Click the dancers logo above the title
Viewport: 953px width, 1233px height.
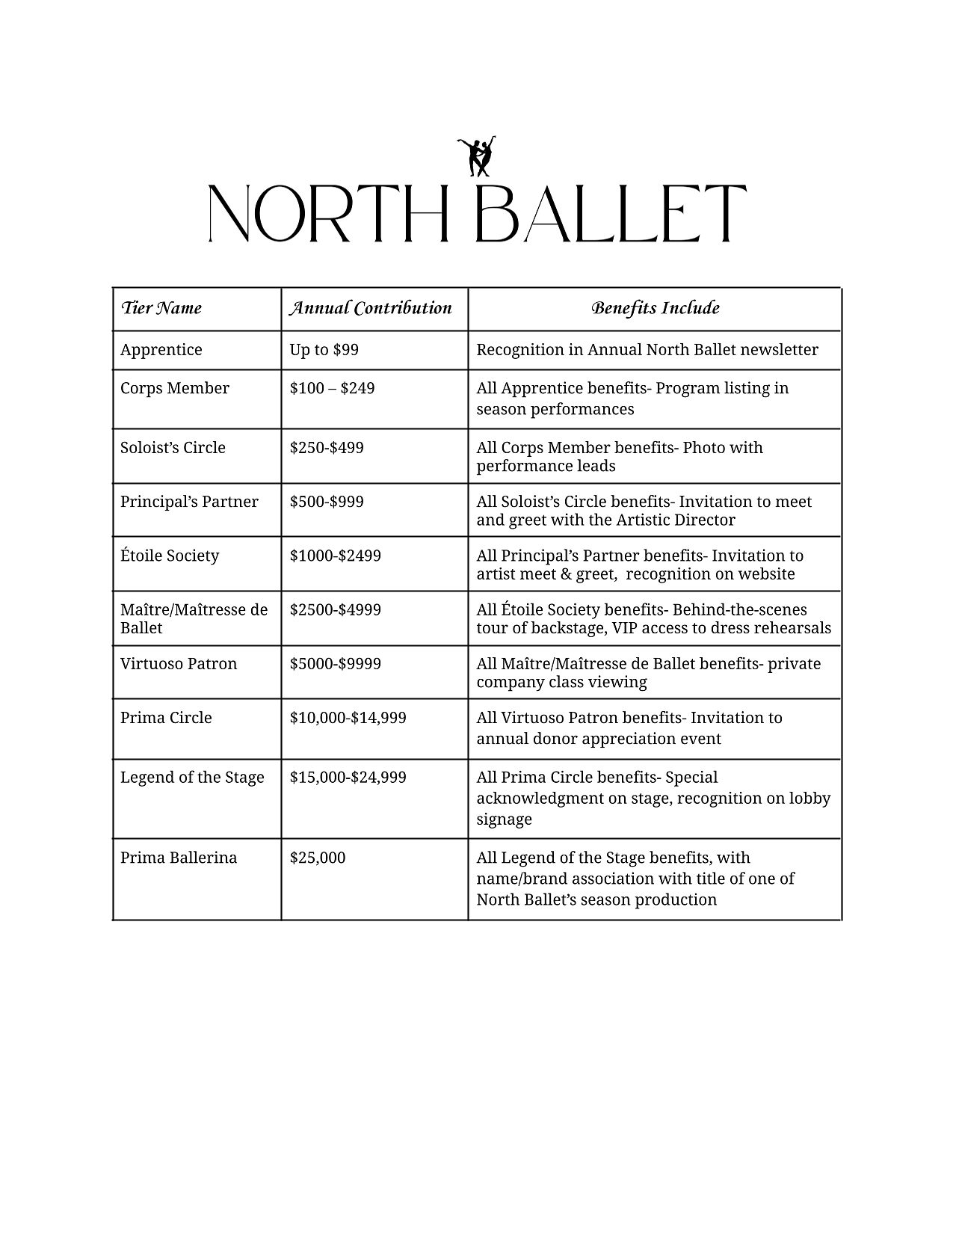coord(477,156)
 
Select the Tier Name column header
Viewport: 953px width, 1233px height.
coord(161,308)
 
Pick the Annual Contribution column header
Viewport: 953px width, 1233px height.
coord(371,308)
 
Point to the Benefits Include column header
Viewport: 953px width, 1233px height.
coord(655,308)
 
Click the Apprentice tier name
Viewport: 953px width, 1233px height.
coord(161,350)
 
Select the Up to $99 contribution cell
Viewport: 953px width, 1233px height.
coord(324,350)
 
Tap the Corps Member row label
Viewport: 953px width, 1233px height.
coord(175,388)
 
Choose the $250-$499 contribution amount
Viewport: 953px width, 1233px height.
coord(327,448)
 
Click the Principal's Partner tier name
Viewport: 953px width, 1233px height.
coord(189,502)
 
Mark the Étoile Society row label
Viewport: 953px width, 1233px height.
coord(170,556)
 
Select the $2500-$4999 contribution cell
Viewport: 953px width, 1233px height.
coord(336,609)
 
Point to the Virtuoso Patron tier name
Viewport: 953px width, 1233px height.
coord(179,664)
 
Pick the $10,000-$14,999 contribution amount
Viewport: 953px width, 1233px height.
coord(348,718)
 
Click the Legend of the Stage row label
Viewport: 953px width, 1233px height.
coord(192,778)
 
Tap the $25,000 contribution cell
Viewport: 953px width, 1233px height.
coord(318,858)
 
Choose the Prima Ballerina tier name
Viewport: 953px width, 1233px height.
coord(179,858)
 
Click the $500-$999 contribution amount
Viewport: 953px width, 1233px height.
coord(327,502)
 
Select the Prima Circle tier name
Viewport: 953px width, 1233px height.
coord(166,718)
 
